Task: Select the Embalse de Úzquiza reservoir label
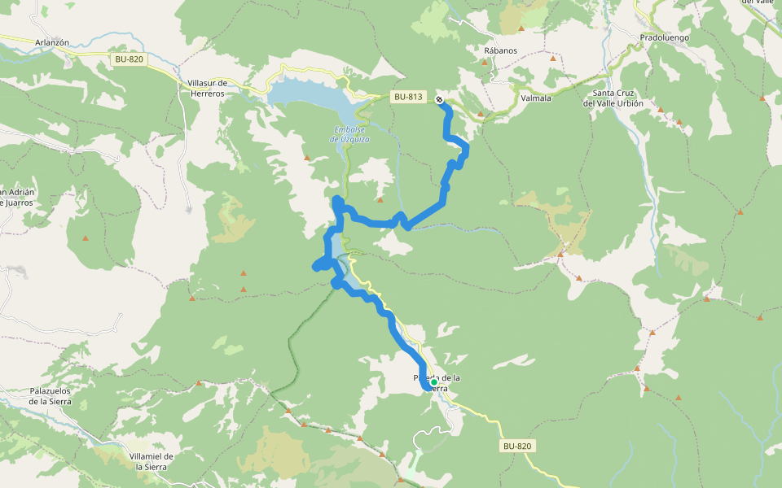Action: pos(351,134)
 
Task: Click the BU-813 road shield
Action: pos(408,97)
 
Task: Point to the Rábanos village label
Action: pos(500,50)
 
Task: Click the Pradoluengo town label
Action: pos(665,37)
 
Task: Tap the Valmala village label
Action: pos(535,98)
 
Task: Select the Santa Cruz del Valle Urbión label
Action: pos(613,98)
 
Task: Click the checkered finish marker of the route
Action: pos(439,100)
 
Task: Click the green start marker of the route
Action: pos(434,381)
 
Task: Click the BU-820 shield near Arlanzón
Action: pos(130,59)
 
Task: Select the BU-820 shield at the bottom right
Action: pos(517,446)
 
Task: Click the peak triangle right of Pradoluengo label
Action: pos(762,98)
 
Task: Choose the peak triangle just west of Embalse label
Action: pos(306,158)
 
